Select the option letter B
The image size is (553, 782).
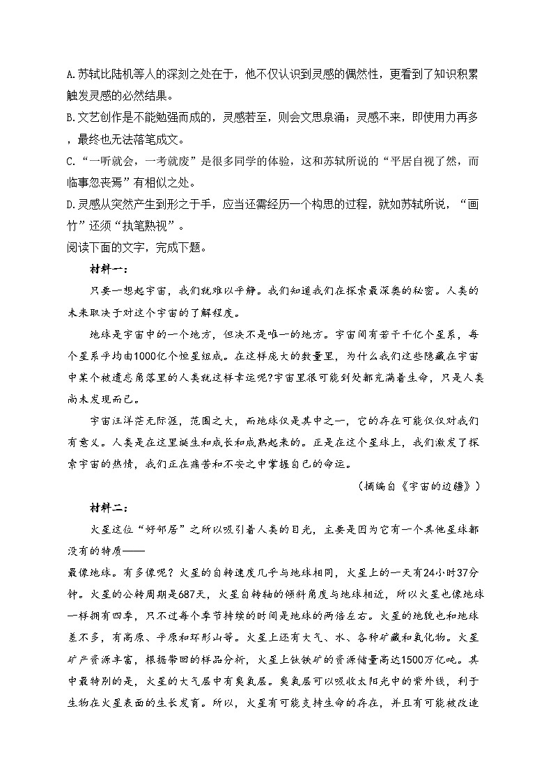click(x=70, y=118)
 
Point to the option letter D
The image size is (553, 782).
click(x=70, y=205)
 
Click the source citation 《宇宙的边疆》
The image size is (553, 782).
click(x=449, y=485)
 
